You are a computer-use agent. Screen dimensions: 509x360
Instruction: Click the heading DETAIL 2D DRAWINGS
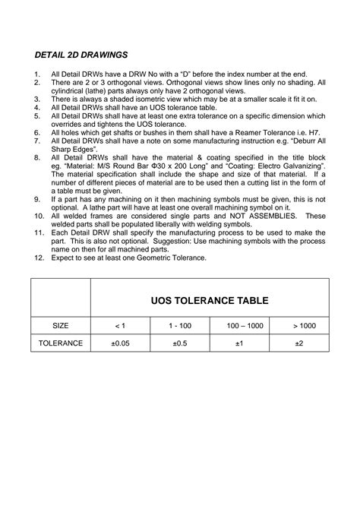pos(83,55)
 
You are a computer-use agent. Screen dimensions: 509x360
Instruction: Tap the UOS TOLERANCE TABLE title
pos(210,300)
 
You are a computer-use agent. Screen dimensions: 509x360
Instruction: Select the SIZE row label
pos(61,325)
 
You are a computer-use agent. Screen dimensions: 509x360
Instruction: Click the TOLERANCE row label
pos(61,343)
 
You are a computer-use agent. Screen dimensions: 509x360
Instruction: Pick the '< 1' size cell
pos(120,325)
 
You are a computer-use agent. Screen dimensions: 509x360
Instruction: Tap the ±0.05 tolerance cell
pos(120,343)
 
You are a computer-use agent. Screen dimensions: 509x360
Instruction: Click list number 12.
pos(38,258)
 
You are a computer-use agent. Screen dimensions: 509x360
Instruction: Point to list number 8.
pos(36,156)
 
